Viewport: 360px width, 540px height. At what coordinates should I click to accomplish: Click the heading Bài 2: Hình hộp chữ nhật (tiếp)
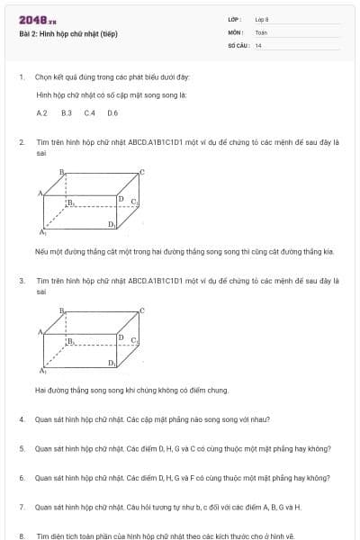coord(68,34)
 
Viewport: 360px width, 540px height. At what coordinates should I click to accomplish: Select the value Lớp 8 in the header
coord(262,20)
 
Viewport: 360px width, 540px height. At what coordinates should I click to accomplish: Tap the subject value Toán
coord(261,31)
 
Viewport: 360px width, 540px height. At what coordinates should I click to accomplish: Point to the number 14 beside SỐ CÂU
coord(258,44)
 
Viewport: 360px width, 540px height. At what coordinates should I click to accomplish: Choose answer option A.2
coord(41,113)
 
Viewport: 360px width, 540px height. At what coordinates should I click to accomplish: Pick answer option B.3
coord(66,113)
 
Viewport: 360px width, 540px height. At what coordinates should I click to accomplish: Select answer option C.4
coord(89,113)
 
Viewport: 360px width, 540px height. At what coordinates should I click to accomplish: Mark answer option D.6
coord(112,113)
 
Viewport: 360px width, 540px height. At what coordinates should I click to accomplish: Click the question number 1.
coord(22,77)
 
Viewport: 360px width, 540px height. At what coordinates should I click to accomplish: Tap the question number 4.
coord(22,419)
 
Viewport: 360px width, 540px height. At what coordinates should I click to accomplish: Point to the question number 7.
coord(22,508)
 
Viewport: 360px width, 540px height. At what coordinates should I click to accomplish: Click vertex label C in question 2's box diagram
coord(141,170)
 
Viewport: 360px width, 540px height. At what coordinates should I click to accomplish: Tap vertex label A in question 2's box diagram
coord(40,193)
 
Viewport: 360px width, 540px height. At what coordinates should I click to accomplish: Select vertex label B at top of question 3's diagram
coord(62,310)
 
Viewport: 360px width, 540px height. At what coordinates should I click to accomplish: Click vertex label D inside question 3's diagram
coord(121,337)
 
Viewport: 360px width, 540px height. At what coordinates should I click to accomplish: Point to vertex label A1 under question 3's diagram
coord(41,371)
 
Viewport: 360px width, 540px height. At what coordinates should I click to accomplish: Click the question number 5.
coord(22,448)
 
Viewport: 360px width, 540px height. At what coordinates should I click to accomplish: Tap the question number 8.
coord(22,535)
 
